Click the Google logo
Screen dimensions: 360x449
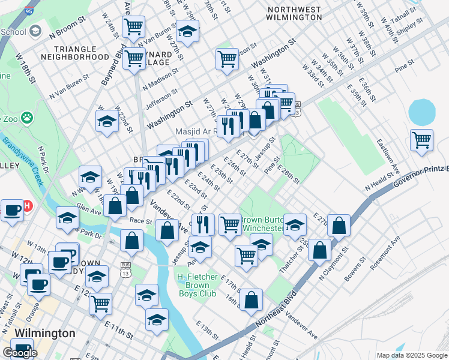click(19, 353)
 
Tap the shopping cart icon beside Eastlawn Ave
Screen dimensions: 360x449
click(421, 140)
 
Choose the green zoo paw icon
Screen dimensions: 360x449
click(26, 117)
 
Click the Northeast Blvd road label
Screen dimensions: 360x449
click(281, 313)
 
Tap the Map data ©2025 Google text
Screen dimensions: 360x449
click(412, 355)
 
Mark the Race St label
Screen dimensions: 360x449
click(142, 220)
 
